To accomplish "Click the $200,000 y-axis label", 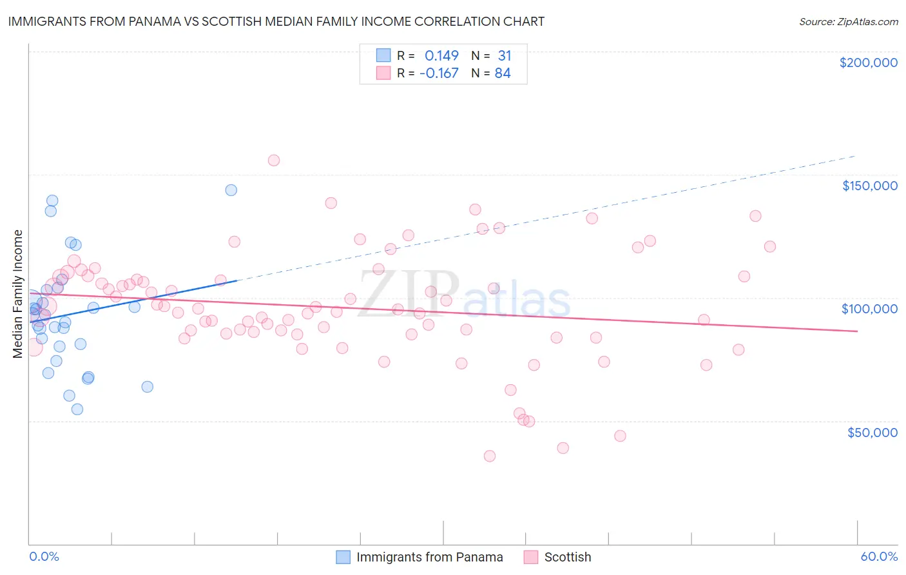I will coord(868,63).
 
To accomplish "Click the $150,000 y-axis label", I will coord(869,186).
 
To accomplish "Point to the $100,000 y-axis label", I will coord(869,309).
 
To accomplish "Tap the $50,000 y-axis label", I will coord(872,432).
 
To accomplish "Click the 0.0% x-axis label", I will coord(44,556).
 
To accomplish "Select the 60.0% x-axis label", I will coord(879,556).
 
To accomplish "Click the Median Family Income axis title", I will coord(18,293).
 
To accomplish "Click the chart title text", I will coord(276,21).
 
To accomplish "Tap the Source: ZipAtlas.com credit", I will coord(848,21).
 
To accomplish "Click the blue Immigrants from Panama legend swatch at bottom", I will coord(343,557).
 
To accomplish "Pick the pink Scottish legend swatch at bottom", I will coord(531,557).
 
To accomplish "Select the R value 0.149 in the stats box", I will coord(441,56).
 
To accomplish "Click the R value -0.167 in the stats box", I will coord(439,73).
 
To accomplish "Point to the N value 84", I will coord(503,73).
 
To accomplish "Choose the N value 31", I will coord(504,56).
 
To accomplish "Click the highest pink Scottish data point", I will coord(274,161).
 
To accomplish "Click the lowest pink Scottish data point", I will coord(490,456).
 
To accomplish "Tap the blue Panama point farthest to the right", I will coord(231,190).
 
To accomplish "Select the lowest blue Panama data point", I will coord(77,409).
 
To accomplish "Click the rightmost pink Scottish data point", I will coord(769,246).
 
